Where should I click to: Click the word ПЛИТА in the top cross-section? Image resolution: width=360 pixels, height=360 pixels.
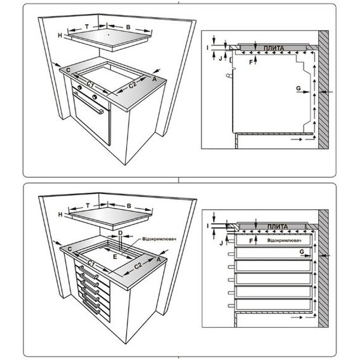click(274, 48)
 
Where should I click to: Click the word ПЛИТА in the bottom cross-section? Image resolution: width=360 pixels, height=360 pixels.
click(278, 227)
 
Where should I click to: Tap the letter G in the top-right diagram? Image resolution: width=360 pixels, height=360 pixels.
click(299, 88)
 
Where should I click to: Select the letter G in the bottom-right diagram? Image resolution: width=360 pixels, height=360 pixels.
click(302, 252)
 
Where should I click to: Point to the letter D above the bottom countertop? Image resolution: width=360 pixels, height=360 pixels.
click(120, 233)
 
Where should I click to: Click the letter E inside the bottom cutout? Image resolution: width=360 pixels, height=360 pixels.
click(115, 257)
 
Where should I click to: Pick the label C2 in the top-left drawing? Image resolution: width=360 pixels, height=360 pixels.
click(132, 85)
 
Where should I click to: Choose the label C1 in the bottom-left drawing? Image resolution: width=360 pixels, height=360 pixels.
click(91, 264)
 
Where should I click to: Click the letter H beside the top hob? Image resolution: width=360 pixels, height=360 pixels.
click(60, 35)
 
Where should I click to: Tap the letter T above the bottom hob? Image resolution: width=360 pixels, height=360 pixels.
click(88, 205)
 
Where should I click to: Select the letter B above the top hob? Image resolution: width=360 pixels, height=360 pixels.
click(128, 27)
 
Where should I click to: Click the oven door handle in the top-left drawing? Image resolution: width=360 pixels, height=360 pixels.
click(88, 103)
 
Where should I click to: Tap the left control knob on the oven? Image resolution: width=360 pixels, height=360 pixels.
click(80, 87)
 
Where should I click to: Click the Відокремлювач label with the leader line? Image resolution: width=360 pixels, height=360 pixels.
click(159, 239)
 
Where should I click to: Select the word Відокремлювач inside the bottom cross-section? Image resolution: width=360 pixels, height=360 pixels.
click(284, 240)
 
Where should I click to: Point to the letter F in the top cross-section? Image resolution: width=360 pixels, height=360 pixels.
click(251, 62)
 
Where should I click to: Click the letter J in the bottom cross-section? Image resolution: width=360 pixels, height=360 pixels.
click(221, 243)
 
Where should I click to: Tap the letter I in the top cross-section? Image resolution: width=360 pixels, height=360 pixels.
click(207, 48)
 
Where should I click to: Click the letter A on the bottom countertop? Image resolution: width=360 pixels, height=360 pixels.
click(158, 259)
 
